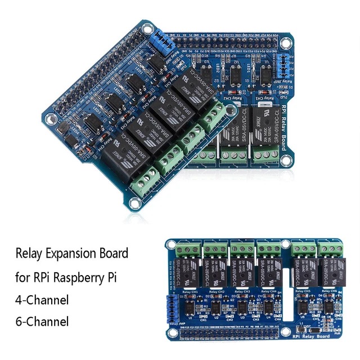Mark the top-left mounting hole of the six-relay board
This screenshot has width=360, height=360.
coord(170,245)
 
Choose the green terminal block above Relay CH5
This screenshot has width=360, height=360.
coord(303,249)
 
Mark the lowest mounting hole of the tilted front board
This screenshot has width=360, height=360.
coord(136,200)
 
